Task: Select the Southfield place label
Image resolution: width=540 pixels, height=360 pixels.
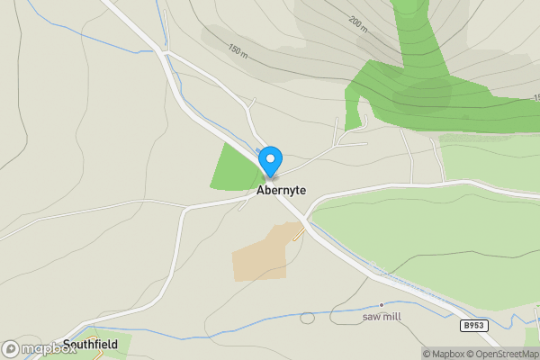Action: [x=90, y=344]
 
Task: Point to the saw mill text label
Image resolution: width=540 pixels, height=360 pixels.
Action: [x=381, y=317]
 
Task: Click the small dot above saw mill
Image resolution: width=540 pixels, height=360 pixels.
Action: [x=381, y=305]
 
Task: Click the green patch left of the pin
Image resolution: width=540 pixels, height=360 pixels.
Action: [x=236, y=168]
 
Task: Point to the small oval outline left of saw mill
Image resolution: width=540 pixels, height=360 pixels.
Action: [x=308, y=318]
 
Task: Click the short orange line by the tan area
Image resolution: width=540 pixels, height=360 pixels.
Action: [x=299, y=233]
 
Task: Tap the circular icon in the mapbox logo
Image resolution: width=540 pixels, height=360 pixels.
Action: [x=11, y=348]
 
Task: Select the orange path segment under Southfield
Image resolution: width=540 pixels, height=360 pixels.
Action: [x=95, y=355]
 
